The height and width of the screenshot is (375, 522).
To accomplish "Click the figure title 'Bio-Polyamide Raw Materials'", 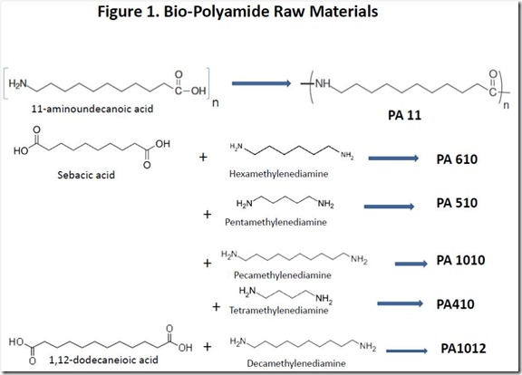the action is coord(271,12).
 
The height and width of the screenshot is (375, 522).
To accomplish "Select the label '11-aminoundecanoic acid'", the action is coord(92,109).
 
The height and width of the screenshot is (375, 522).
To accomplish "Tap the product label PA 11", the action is coord(404,115).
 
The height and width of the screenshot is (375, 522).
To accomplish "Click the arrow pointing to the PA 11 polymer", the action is coord(262,83).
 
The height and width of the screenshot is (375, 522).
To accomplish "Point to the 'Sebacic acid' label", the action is coord(86,175).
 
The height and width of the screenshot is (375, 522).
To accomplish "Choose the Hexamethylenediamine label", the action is coord(278,174).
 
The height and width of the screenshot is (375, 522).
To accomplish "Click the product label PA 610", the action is coord(457,159).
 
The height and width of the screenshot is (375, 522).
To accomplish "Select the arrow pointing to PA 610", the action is coord(393,158).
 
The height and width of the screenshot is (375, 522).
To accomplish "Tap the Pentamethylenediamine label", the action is coord(275,222).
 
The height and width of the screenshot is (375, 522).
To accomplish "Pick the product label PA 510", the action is coord(457,203).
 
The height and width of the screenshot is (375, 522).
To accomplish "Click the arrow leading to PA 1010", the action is coord(411,264).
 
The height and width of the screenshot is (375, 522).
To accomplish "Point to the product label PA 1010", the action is coord(460,260).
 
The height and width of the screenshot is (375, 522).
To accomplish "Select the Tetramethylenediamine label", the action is coord(278,311).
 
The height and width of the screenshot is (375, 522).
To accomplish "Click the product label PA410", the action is coord(455,304).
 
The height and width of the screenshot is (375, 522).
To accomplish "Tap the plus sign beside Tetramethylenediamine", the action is coord(217,306).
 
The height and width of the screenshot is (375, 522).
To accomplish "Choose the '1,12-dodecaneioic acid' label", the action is coord(103,360).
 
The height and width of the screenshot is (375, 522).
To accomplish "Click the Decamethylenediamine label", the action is coord(296,363).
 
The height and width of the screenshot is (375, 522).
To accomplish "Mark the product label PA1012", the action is coord(463,349).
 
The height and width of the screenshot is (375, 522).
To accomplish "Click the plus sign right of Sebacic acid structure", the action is coord(203,157).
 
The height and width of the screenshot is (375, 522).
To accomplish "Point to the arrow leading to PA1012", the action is coord(407,351).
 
